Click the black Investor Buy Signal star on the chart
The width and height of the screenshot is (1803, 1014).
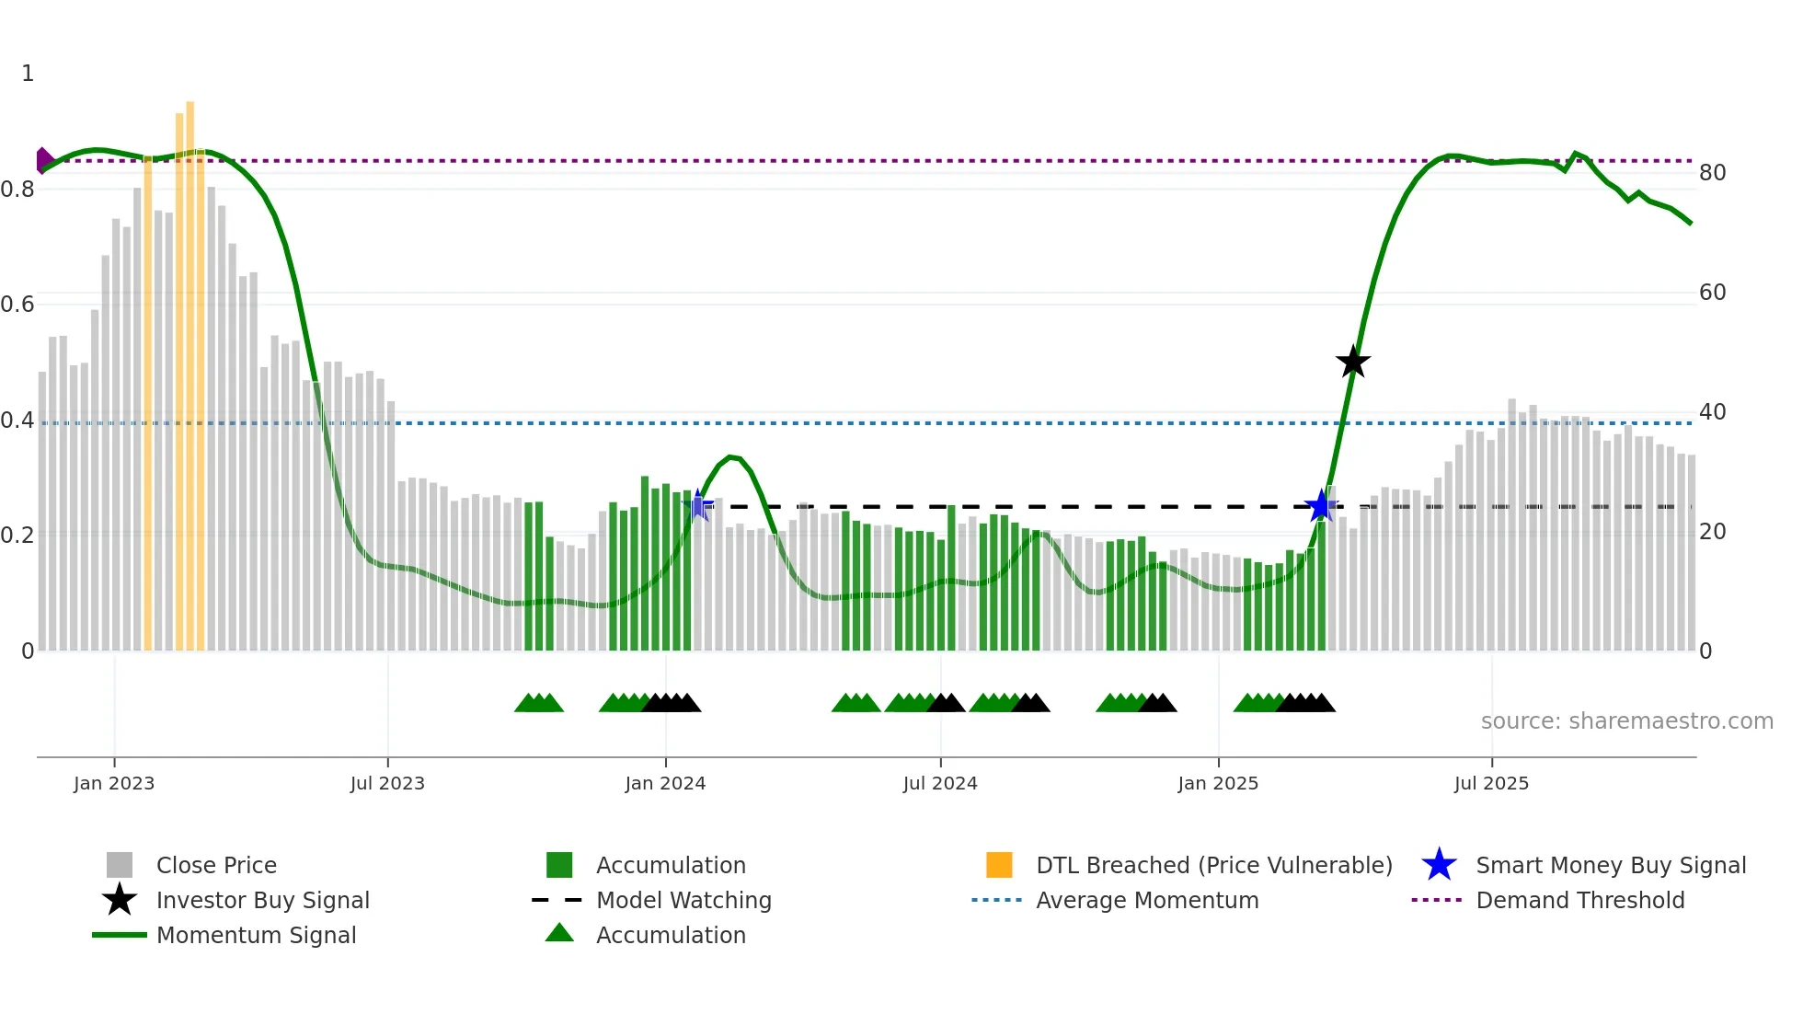[1352, 363]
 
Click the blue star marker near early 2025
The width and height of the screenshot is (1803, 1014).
[1321, 506]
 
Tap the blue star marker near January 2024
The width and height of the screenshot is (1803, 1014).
[699, 505]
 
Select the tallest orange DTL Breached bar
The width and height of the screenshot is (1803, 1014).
[190, 368]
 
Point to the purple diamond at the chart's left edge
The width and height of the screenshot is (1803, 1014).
[43, 160]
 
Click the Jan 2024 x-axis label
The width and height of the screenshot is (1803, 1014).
[665, 784]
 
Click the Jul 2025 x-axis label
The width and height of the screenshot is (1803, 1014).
[1491, 784]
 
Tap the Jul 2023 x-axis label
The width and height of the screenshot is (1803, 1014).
[387, 784]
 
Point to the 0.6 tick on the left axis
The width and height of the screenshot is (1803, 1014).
[17, 305]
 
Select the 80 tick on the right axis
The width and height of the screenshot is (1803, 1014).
[1712, 173]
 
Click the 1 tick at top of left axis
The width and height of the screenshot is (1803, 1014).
[28, 74]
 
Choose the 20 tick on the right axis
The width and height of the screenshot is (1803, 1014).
[1712, 532]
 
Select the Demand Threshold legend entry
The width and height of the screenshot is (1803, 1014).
[1579, 901]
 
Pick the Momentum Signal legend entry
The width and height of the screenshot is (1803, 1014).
[256, 936]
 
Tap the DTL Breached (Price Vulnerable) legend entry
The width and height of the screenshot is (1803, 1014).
[1213, 866]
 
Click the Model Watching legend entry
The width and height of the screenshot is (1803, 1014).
[683, 901]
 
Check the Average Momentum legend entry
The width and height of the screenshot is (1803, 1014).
[1147, 901]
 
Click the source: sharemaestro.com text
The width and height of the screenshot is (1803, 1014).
[1626, 721]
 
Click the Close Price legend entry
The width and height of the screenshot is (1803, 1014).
[216, 866]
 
